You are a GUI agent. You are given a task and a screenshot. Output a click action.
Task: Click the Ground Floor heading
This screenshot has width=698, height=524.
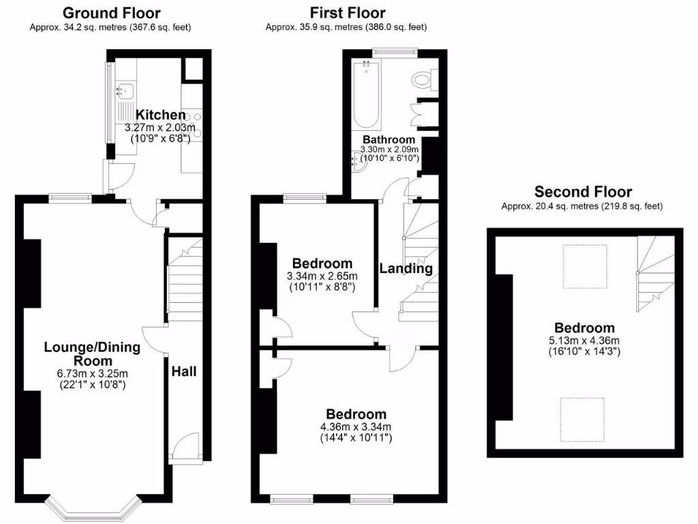(x=111, y=13)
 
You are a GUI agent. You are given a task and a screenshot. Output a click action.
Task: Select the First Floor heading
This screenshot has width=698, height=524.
(x=347, y=13)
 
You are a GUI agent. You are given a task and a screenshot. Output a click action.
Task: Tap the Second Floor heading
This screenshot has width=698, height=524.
(x=583, y=192)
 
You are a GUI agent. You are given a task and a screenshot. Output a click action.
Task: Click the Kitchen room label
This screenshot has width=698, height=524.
(x=160, y=115)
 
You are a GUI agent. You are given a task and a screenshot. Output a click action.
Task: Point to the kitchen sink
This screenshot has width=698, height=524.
(x=126, y=89)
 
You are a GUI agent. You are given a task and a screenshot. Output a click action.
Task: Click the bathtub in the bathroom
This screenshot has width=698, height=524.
(x=367, y=95)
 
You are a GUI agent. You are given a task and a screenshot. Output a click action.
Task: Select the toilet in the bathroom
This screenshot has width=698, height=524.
(x=425, y=80)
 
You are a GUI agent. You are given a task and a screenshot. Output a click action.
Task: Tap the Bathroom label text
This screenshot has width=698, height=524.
(x=389, y=139)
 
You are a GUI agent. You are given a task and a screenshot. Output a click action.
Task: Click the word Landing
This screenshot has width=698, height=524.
(x=406, y=268)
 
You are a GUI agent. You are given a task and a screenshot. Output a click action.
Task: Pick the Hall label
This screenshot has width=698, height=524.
(x=184, y=371)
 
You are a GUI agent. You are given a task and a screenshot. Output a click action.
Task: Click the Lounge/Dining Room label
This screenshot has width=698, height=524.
(x=92, y=353)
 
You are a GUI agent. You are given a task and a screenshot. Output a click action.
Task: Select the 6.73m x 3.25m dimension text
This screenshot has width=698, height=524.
(x=92, y=373)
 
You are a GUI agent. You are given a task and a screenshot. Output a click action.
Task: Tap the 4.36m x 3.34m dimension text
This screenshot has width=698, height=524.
(x=356, y=427)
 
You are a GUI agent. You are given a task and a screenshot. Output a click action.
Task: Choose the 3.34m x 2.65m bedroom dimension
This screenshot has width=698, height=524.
(x=322, y=276)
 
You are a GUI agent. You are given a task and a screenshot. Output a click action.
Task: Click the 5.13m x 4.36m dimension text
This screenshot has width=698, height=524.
(x=583, y=340)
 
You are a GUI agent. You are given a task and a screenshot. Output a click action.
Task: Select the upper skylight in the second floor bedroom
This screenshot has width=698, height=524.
(x=585, y=266)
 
